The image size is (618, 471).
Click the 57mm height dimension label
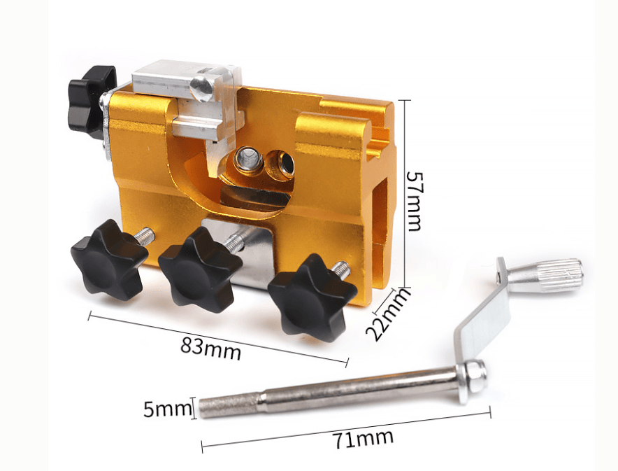click(415, 200)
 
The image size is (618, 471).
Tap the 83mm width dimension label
click(211, 346)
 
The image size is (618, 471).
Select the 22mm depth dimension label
click(387, 314)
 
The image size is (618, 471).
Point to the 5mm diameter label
click(167, 409)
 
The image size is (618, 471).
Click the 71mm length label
click(363, 439)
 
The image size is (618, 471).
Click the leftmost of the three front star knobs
click(109, 260)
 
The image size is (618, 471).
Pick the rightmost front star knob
click(312, 297)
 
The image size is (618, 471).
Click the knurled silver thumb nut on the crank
click(545, 275)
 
